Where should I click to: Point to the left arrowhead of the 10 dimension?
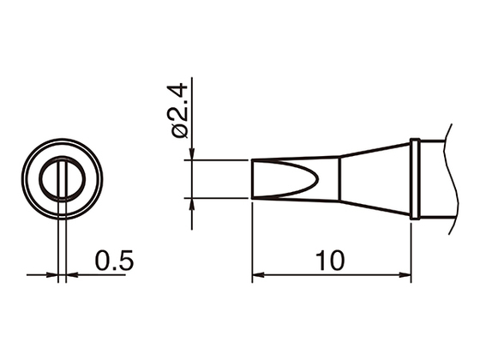[x=258, y=276]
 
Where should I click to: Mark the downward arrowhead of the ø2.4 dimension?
[x=191, y=154]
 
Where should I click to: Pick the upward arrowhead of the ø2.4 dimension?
[x=191, y=203]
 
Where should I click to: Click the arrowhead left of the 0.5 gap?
[x=53, y=276]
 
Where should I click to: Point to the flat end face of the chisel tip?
[x=253, y=179]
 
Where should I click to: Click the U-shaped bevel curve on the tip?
[x=317, y=179]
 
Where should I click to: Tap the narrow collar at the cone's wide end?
[x=415, y=179]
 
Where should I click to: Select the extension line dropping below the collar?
[x=411, y=249]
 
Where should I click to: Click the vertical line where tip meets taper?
[x=340, y=179]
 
